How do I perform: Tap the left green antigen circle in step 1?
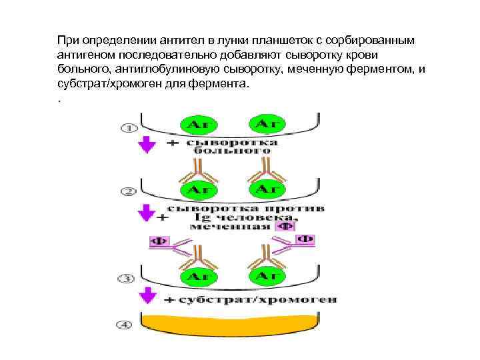199,125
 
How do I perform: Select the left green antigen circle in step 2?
199,189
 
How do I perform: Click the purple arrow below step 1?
146,145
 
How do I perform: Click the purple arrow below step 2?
146,213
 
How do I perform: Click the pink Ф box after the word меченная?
285,226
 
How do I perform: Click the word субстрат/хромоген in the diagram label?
257,299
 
